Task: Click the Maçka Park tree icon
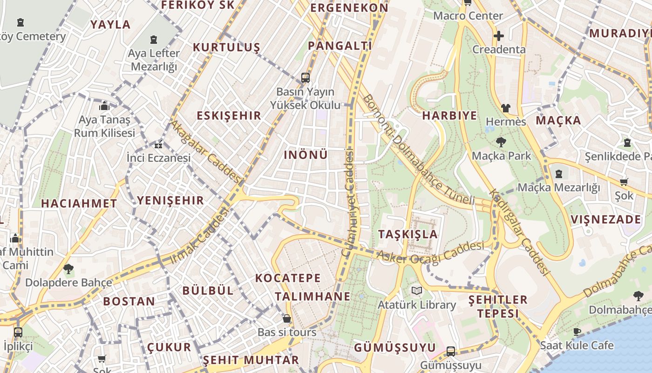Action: coord(501,142)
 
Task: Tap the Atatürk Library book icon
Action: coord(417,291)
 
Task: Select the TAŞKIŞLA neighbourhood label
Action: coord(408,234)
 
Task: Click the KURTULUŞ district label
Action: coord(226,48)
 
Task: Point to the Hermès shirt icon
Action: coord(506,108)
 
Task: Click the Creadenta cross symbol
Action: coord(499,36)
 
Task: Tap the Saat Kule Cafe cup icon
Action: coord(577,332)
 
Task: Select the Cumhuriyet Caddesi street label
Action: coord(348,203)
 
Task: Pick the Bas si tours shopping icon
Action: coord(287,318)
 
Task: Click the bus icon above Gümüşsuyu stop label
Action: coord(450,351)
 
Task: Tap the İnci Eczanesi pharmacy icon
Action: coord(159,145)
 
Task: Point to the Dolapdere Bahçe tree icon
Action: coord(68,269)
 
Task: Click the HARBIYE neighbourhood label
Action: coord(449,116)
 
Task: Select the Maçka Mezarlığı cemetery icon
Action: coord(558,174)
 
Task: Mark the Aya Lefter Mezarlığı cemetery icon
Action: coord(154,40)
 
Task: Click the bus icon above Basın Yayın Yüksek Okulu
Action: coord(306,77)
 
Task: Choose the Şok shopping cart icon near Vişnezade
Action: coord(624,182)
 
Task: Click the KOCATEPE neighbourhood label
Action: coord(288,278)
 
